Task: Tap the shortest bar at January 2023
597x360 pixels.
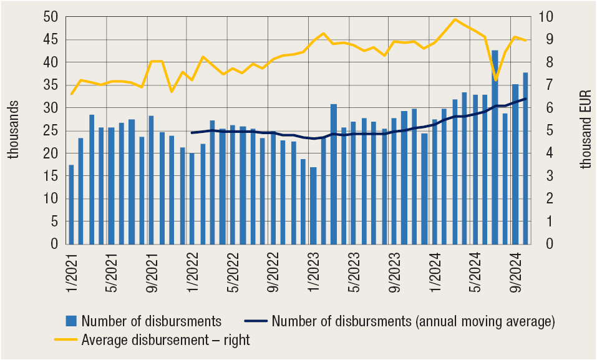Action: pyautogui.click(x=313, y=206)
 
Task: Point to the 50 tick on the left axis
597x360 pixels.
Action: pyautogui.click(x=51, y=17)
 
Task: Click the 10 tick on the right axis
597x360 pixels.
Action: pyautogui.click(x=544, y=17)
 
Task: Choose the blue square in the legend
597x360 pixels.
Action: pyautogui.click(x=71, y=322)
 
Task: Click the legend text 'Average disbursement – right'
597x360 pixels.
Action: pyautogui.click(x=165, y=340)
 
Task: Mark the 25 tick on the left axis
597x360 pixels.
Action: pyautogui.click(x=51, y=131)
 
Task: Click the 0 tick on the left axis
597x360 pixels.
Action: pyautogui.click(x=54, y=245)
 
